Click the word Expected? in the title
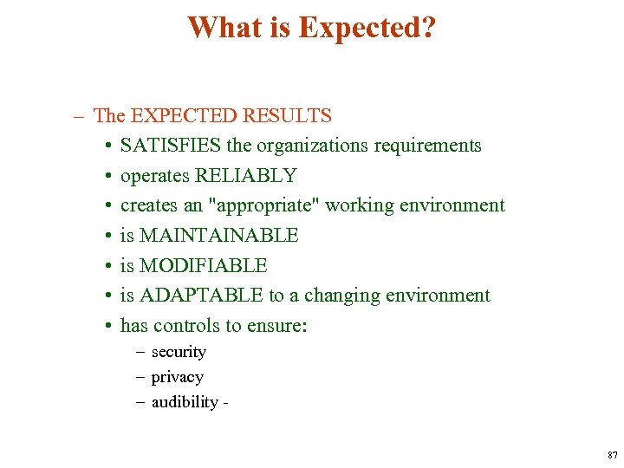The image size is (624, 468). pos(367,28)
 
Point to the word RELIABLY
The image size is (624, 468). pos(245,176)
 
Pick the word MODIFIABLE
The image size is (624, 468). pos(203,266)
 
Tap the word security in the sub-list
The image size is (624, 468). pos(179,352)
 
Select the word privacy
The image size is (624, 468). pos(177,377)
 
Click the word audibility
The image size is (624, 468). pos(185,402)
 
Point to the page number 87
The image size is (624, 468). pos(613,455)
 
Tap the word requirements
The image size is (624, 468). pos(427,146)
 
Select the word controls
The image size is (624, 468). pos(183,326)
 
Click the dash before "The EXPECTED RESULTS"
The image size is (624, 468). pos(80,115)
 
